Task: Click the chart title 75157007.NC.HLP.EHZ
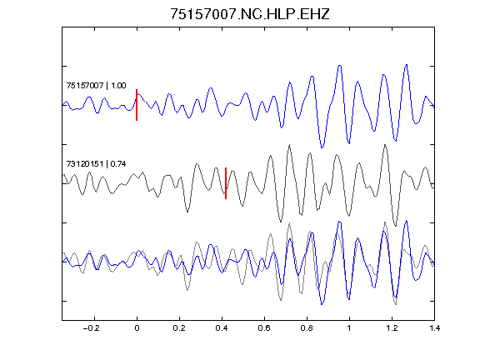coord(250,14)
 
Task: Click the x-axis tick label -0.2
coord(91,328)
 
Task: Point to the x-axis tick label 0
coord(137,328)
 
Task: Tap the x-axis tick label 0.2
coord(179,328)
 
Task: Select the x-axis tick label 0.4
coord(222,328)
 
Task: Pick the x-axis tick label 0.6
coord(264,328)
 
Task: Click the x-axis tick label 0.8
coord(307,328)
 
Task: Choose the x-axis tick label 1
coord(349,328)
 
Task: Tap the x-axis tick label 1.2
coord(392,328)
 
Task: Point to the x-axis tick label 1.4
coord(434,328)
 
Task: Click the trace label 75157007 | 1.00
coord(96,85)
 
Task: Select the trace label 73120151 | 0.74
coord(96,164)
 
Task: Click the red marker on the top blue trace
coord(137,105)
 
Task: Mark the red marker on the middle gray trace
coord(226,183)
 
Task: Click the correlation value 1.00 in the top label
coord(118,85)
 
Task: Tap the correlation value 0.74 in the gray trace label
coord(118,164)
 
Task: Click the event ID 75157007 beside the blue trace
coord(85,85)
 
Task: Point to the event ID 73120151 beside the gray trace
coord(85,164)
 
